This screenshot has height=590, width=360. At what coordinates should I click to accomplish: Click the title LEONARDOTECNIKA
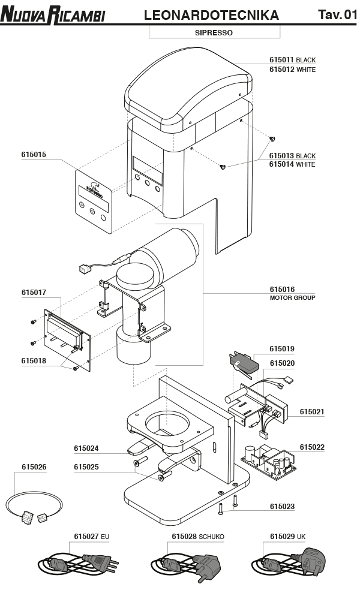coord(211,15)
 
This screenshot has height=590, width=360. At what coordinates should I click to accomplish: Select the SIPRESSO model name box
coord(213,33)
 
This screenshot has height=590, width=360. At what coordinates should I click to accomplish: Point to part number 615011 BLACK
coord(292,60)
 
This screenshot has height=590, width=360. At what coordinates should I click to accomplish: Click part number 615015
coord(34,155)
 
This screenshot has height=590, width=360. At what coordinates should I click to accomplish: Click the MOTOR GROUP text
coord(292,297)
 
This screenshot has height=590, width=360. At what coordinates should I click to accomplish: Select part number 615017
coord(34,293)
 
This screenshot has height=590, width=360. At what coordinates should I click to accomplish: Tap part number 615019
coord(282,348)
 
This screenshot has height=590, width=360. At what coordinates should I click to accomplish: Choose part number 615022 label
coord(312,447)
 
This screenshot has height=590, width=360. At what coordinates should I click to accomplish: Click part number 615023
coord(282,507)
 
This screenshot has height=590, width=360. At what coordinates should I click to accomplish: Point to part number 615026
coord(34,466)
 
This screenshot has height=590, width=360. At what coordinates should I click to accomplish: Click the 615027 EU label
coord(91,536)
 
